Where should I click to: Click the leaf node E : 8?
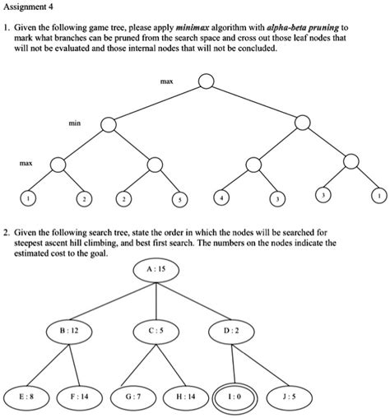point(25,396)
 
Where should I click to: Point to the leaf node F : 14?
point(82,396)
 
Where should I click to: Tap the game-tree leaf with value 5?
point(180,200)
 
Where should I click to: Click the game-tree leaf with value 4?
point(224,200)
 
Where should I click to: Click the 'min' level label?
point(75,123)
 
